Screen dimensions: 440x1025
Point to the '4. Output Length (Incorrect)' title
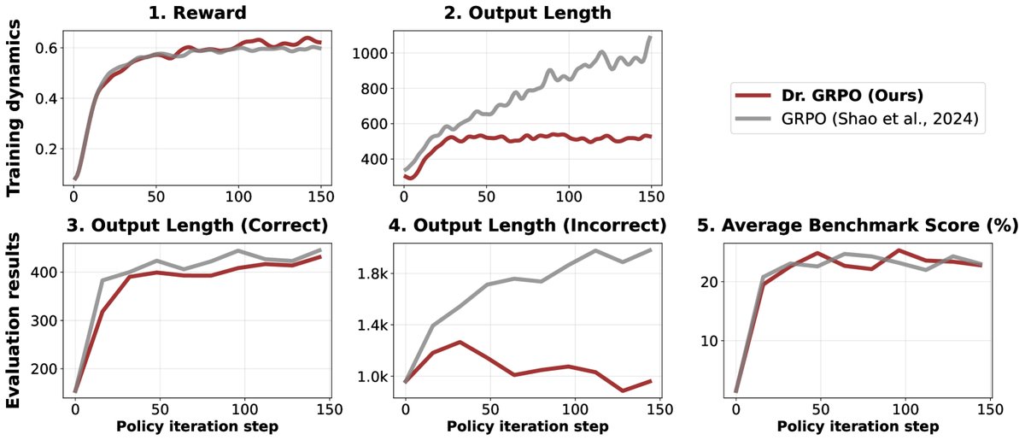[x=527, y=226]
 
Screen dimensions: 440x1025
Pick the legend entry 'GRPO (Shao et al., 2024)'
[x=872, y=123]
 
